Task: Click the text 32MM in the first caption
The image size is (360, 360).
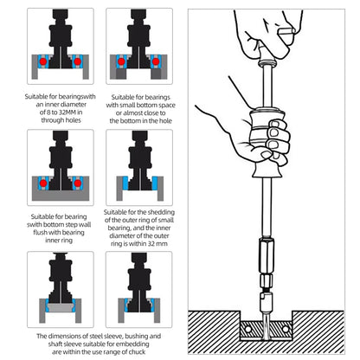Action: (67, 112)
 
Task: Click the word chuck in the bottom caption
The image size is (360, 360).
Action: (136, 352)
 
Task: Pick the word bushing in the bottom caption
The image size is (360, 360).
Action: (137, 337)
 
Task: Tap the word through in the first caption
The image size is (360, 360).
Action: (52, 120)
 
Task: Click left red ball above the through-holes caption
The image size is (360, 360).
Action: (43, 61)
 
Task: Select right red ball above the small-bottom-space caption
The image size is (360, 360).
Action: (156, 61)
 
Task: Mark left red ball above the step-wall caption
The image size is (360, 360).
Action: (43, 183)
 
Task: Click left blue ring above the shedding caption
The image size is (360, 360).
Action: (125, 183)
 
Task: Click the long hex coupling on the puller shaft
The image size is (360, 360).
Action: (267, 255)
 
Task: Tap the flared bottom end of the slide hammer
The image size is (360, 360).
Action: (267, 171)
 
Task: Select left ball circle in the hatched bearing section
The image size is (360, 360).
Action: (248, 329)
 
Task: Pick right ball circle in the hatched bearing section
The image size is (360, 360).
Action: (286, 329)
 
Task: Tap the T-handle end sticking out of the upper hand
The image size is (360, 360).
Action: (286, 31)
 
